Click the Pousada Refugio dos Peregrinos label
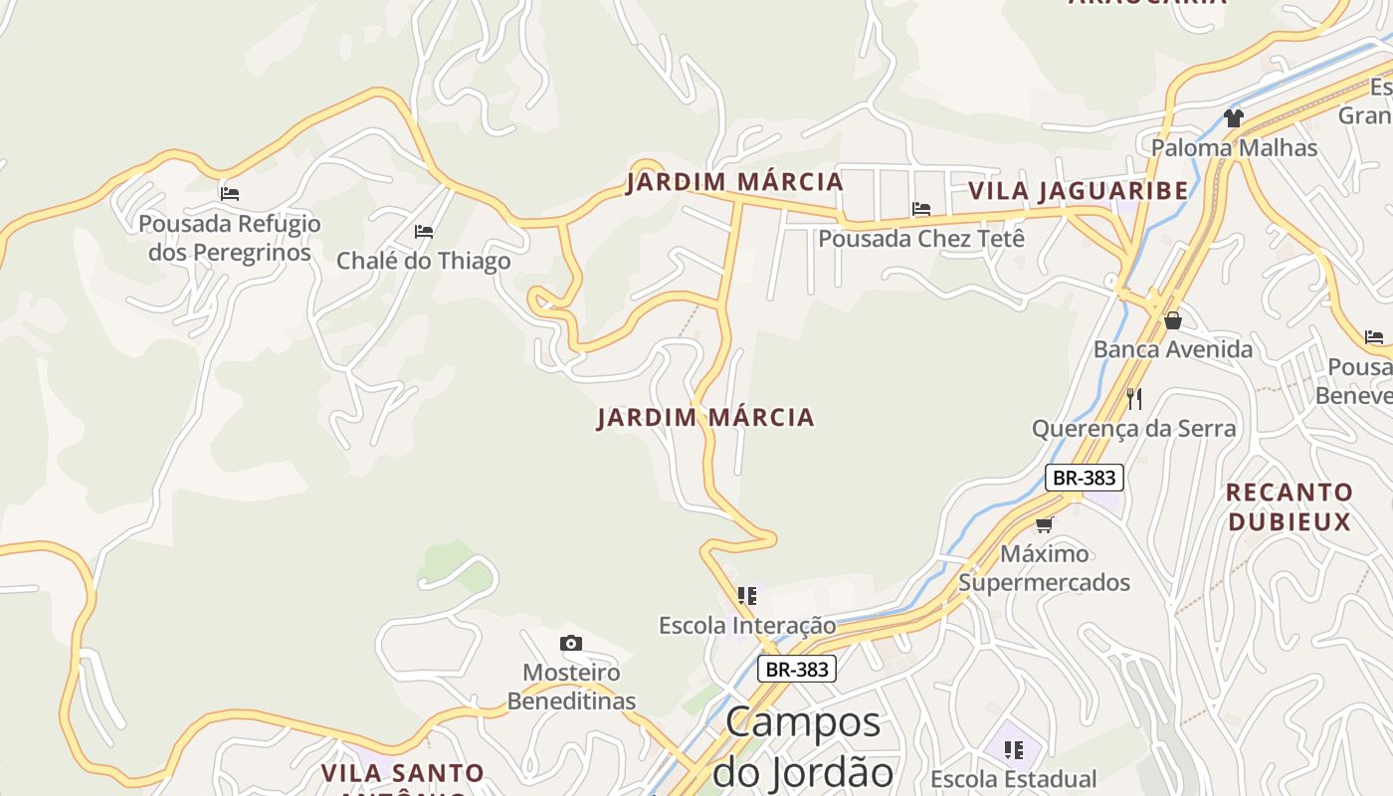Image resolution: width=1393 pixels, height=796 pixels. click(x=230, y=238)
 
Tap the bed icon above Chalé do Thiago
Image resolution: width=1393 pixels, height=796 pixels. click(x=424, y=232)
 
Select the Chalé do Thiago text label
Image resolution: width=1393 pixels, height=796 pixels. click(x=424, y=261)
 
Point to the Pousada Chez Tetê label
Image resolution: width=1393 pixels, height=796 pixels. click(x=920, y=239)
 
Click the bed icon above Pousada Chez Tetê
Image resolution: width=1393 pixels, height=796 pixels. click(x=921, y=209)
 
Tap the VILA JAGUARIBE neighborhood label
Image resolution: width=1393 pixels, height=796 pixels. click(x=1078, y=190)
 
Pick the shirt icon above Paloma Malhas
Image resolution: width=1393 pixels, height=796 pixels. click(x=1234, y=118)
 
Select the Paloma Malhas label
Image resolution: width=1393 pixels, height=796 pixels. click(x=1234, y=148)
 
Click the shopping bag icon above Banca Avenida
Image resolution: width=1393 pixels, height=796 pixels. click(x=1173, y=320)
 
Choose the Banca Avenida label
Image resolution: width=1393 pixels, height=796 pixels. click(x=1173, y=349)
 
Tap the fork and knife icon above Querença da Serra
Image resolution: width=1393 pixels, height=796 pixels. click(x=1134, y=399)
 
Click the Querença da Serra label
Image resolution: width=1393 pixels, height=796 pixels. click(x=1133, y=429)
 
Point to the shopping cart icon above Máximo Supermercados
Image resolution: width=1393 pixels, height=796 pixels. click(x=1044, y=524)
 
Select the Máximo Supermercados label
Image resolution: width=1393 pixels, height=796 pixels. click(x=1044, y=567)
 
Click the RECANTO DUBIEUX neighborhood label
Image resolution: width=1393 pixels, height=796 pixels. click(x=1289, y=506)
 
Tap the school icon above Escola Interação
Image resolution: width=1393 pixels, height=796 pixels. click(x=747, y=596)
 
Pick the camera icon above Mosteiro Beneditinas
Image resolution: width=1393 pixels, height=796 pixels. click(x=570, y=644)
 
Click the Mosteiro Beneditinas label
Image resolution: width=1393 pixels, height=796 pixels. click(x=571, y=687)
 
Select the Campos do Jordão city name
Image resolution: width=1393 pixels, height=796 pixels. click(x=803, y=746)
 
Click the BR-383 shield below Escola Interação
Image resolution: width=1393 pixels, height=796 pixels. click(x=796, y=670)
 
